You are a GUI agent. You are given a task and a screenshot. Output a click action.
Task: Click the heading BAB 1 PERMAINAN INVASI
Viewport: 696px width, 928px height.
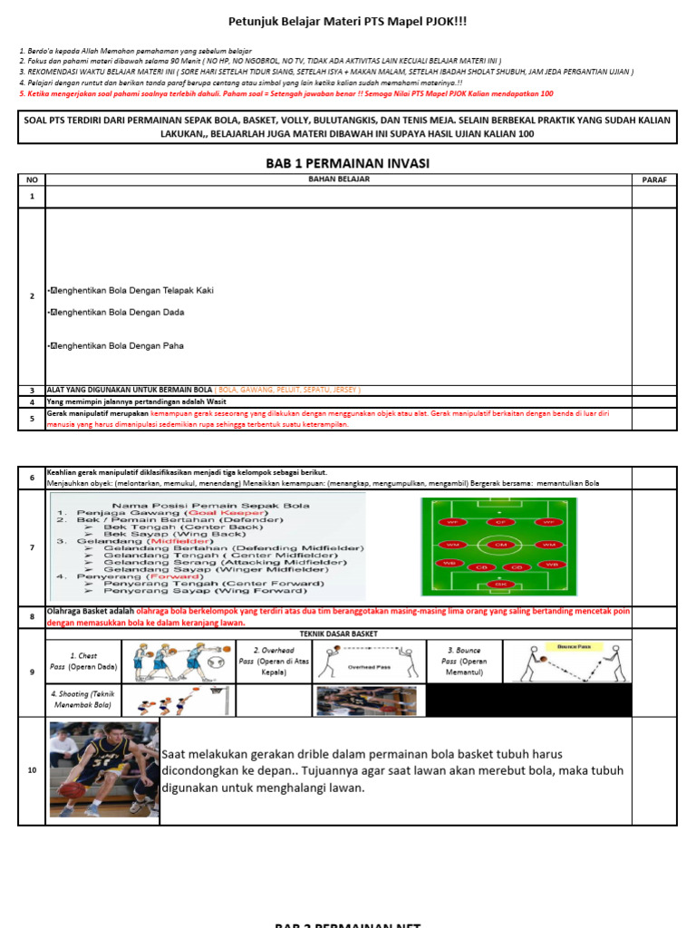[346, 163]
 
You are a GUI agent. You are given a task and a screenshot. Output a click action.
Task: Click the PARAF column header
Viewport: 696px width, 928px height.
[654, 179]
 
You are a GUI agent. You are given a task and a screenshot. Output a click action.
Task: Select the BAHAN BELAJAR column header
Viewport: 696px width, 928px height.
[338, 179]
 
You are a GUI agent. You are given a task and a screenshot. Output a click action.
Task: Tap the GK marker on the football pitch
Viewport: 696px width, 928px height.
[499, 585]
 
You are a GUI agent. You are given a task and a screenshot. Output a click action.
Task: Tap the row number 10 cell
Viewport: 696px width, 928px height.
[32, 770]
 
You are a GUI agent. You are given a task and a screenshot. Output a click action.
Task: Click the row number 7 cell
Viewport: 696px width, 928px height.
[32, 547]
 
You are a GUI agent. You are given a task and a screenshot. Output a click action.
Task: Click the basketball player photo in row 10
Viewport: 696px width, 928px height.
[103, 769]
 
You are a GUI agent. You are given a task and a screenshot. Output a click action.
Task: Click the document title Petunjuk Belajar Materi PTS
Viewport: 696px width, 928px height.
[346, 21]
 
